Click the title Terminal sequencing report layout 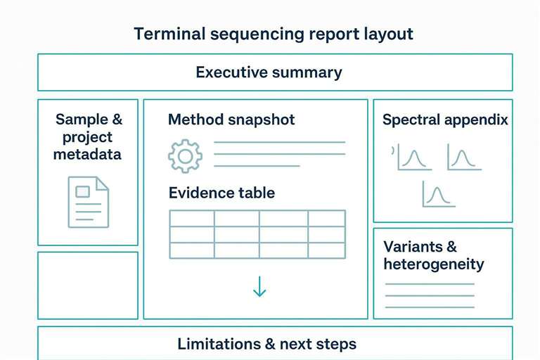pos(274,34)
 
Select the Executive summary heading pos(269,72)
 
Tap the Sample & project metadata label pos(88,136)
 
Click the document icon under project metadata pos(89,202)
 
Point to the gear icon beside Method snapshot pos(185,156)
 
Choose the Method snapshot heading pos(231,120)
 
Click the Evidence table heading pos(221,193)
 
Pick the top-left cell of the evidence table pos(191,218)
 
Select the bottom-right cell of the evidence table pos(326,250)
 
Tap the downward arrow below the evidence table pos(259,285)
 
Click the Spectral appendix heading pos(445,120)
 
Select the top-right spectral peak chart pos(465,157)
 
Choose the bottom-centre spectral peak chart pos(439,194)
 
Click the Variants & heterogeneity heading pos(433,255)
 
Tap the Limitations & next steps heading pos(266,344)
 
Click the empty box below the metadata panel pos(88,285)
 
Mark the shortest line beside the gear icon pos(257,166)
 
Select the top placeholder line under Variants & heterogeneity pos(430,284)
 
